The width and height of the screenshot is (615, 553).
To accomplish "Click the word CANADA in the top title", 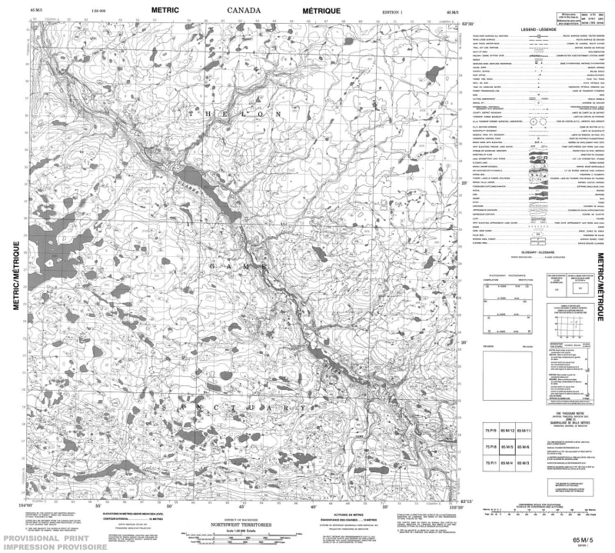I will point(244,9).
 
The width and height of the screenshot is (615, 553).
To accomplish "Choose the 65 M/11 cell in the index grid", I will point(524,431).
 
